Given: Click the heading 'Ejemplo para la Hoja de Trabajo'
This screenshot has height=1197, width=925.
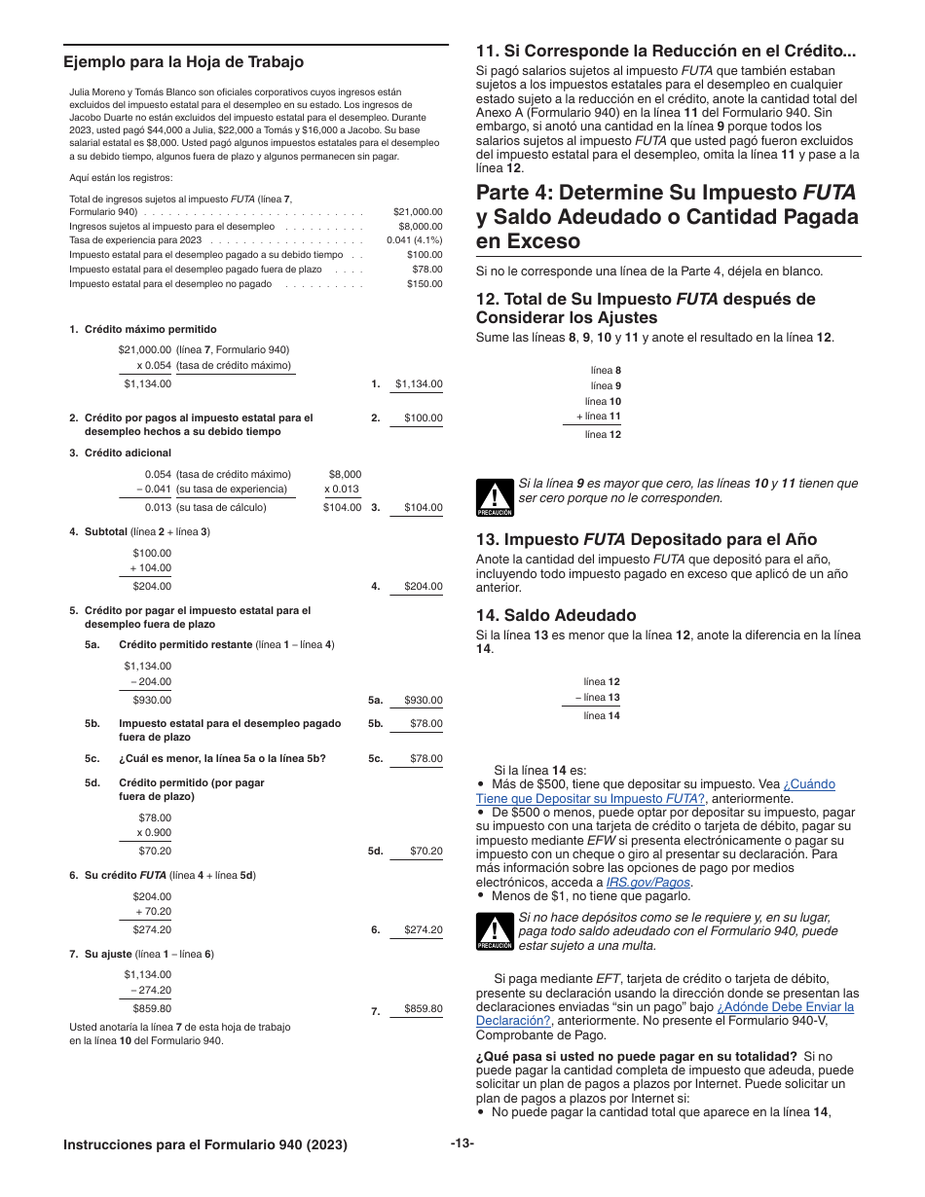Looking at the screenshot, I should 183,62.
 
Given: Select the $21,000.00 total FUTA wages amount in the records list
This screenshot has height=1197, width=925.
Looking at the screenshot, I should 418,212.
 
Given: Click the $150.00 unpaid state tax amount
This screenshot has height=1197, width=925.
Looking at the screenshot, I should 425,284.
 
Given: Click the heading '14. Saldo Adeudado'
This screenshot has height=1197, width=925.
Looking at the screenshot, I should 556,615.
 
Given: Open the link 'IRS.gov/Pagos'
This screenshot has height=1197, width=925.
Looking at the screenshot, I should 647,883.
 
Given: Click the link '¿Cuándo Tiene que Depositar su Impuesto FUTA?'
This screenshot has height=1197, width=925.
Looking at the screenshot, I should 655,791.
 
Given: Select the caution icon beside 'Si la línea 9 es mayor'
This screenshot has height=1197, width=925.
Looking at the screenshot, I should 495,497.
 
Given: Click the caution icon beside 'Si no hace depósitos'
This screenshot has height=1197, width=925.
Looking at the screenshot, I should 495,931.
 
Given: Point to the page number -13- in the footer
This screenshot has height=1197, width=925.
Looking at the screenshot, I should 462,1143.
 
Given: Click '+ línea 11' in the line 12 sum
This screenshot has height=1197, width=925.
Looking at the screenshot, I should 599,417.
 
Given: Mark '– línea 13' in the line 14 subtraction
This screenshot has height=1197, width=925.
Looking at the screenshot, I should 598,698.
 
